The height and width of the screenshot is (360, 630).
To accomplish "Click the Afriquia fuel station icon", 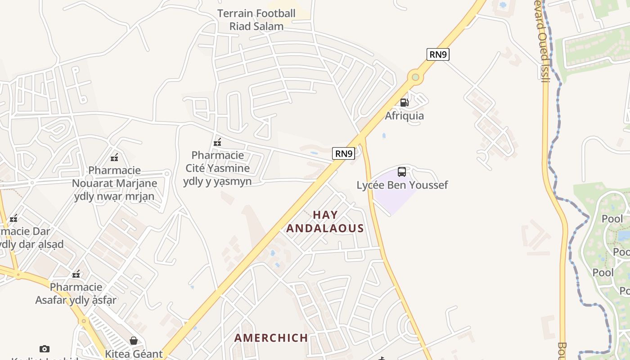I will [404, 103].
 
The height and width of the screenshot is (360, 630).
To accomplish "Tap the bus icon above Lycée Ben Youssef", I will [402, 172].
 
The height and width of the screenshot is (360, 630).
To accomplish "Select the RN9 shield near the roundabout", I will [438, 54].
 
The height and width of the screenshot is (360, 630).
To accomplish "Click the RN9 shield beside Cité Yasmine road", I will [344, 153].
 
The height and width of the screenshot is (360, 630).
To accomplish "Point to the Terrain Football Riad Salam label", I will [256, 20].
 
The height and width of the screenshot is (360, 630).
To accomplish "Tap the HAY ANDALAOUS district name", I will [325, 221].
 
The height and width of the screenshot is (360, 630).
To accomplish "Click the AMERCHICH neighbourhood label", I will [271, 337].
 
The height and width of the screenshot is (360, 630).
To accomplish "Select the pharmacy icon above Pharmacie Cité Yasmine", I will [217, 143].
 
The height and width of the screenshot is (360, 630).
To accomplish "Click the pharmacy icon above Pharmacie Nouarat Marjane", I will [114, 157].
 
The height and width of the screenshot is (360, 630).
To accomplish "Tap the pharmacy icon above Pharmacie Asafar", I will [76, 274].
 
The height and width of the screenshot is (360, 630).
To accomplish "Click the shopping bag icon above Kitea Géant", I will [134, 341].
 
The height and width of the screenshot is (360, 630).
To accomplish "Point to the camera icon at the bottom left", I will [44, 349].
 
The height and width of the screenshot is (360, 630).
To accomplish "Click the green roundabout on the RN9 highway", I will [415, 77].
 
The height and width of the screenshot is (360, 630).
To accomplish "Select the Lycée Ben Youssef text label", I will [402, 185].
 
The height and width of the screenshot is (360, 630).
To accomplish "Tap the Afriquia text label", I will [404, 116].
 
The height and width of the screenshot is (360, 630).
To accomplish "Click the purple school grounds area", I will [394, 193].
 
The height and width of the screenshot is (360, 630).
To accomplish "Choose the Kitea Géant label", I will [134, 354].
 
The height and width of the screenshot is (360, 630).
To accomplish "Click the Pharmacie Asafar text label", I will [76, 293].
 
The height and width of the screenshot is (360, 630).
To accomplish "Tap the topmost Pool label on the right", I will [612, 219].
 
